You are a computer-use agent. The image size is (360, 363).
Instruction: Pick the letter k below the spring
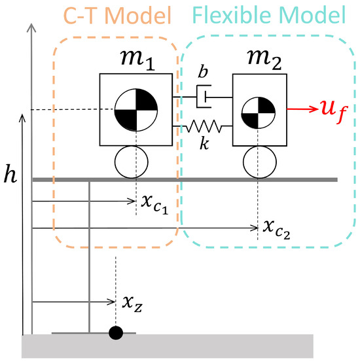[205, 143]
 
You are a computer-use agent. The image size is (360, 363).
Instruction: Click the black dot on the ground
[116, 333]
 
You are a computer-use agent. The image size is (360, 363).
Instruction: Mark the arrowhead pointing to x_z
[112, 302]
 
